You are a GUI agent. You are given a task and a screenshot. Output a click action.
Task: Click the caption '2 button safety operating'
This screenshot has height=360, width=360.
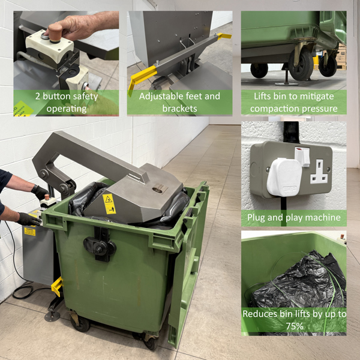pyautogui.click(x=65, y=103)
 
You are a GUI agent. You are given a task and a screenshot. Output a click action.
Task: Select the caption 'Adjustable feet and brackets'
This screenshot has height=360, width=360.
pyautogui.click(x=179, y=103)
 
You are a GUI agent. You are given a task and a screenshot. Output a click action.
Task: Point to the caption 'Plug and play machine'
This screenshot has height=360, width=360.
pyautogui.click(x=293, y=218)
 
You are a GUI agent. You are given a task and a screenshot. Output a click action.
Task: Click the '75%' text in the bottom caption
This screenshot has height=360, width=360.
pyautogui.click(x=293, y=325)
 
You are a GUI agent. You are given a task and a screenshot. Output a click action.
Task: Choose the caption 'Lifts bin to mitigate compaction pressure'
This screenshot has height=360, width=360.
pyautogui.click(x=293, y=103)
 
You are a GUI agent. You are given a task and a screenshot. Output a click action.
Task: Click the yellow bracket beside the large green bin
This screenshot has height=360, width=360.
pyautogui.click(x=57, y=286)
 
